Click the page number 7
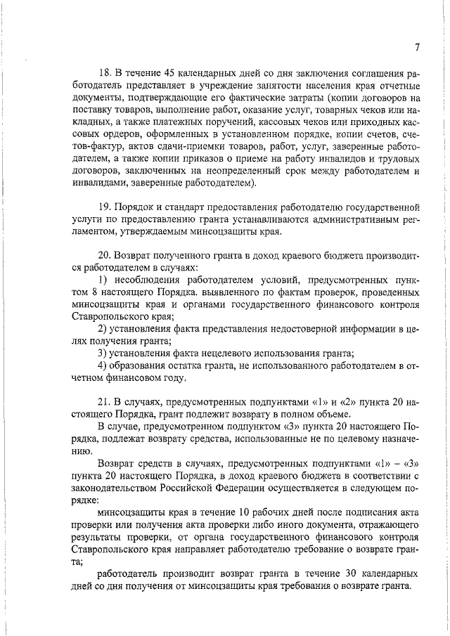coord(417,47)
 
